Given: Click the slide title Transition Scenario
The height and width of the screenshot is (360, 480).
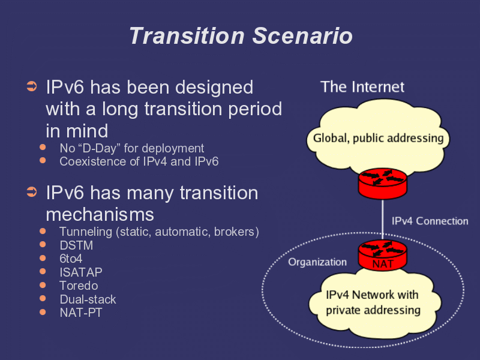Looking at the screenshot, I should [240, 36].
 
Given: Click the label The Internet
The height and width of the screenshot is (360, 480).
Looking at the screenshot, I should [362, 87].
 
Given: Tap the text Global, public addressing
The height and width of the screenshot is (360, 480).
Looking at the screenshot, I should [378, 139].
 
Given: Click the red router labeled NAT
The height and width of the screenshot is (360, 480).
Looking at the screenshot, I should [382, 256].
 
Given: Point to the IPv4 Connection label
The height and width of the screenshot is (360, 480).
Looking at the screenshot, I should [430, 221].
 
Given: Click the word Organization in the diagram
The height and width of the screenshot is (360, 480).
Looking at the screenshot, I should [317, 262].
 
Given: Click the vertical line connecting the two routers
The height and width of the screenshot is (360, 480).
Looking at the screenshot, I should [383, 220].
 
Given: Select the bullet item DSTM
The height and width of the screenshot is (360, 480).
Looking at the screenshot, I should [76, 245].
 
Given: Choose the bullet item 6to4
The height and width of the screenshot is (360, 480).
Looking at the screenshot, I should [71, 259].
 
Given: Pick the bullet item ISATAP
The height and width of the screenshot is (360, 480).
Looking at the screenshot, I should [81, 272].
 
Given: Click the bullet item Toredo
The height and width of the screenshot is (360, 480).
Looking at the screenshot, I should [79, 286].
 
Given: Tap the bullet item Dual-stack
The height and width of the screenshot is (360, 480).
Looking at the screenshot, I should [88, 299].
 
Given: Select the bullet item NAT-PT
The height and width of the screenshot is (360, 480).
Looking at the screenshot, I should [81, 313].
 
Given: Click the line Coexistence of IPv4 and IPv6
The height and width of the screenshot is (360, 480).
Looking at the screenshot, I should [139, 161].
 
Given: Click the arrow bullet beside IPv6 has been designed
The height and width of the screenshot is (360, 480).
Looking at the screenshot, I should [32, 87].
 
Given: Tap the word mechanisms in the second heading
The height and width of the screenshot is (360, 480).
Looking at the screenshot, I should [100, 214].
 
